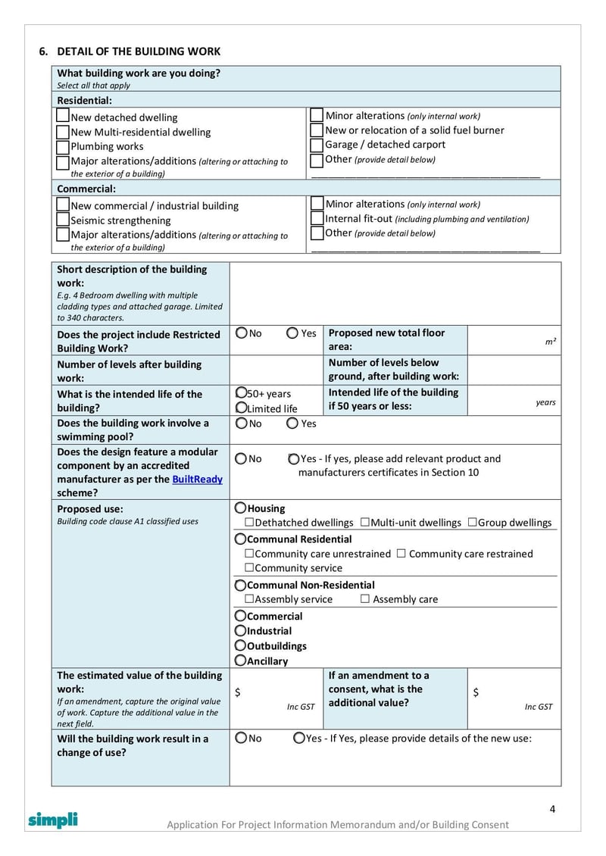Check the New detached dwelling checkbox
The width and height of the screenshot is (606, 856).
pos(63,117)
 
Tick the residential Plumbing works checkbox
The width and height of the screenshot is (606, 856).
pos(63,146)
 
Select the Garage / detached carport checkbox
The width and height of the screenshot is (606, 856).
pos(317,145)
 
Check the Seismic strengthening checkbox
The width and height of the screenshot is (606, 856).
pos(63,220)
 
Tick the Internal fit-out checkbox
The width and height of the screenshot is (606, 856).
pos(317,218)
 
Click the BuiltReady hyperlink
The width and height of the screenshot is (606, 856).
pos(197,480)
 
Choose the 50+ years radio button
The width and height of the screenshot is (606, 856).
pos(241,393)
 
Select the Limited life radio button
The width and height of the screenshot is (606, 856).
pos(241,408)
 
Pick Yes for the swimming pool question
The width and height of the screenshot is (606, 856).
pos(292,423)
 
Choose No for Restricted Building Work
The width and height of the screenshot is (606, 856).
pos(241,333)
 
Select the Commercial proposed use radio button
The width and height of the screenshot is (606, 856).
pos(240,616)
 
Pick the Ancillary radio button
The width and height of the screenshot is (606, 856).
pos(240,661)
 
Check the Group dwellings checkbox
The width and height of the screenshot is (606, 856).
pos(472,523)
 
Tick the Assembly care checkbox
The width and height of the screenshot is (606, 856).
pos(365,599)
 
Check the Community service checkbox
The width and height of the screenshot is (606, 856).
pos(248,568)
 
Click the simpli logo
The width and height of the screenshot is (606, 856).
pos(53,820)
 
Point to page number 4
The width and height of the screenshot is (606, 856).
pos(552,809)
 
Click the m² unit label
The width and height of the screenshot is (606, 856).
pos(551,342)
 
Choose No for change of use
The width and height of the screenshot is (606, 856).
pos(241,738)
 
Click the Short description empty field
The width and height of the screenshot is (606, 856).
pos(395,293)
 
